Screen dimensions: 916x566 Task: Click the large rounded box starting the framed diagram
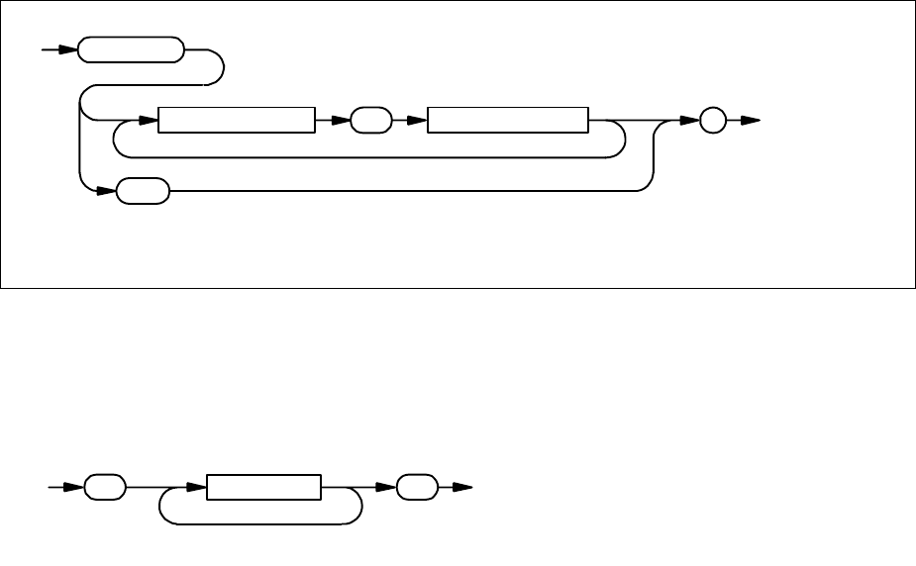tap(130, 50)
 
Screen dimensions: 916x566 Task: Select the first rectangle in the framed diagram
tap(236, 121)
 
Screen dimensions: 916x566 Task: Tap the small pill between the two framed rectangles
tap(368, 121)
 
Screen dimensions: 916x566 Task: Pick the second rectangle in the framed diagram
tap(507, 121)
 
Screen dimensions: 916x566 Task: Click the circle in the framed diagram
tap(712, 121)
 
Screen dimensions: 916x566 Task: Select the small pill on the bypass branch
tap(143, 191)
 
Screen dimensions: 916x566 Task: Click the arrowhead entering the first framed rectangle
tap(149, 121)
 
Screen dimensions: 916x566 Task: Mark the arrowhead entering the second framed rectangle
tap(416, 121)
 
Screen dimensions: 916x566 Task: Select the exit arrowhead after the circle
tap(751, 121)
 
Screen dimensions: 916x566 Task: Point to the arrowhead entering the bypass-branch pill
tap(106, 191)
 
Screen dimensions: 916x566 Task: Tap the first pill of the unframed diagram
tap(105, 487)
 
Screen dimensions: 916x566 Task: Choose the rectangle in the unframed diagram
tap(263, 487)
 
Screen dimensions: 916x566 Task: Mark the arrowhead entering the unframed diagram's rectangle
tap(196, 487)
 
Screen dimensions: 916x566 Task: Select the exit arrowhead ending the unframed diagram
tap(462, 487)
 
